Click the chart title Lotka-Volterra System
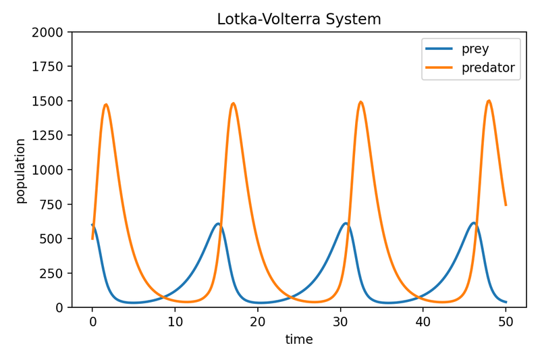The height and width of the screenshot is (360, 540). (298, 20)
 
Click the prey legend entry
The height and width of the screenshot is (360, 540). (475, 49)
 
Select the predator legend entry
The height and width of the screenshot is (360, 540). (488, 68)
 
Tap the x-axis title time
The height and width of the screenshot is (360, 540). (299, 340)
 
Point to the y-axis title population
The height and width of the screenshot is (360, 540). (21, 171)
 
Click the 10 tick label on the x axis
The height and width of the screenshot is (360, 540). (175, 322)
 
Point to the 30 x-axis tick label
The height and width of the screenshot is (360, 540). (340, 322)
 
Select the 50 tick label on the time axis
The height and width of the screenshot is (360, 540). (506, 322)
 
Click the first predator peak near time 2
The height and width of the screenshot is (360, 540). (106, 105)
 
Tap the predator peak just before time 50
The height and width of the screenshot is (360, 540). (489, 101)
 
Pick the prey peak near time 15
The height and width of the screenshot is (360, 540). (218, 224)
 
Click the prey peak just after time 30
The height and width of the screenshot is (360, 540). (346, 223)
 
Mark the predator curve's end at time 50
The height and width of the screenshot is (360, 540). (506, 205)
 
